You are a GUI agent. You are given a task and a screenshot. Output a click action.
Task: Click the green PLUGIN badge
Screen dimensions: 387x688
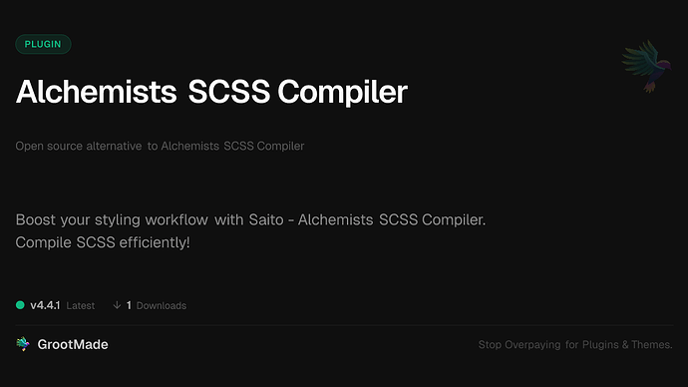click(x=43, y=44)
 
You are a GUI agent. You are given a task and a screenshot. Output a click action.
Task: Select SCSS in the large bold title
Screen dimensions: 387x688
click(x=227, y=92)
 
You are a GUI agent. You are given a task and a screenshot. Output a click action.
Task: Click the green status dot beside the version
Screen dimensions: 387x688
click(x=20, y=305)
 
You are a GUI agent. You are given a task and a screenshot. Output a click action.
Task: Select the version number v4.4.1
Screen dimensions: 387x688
click(x=46, y=305)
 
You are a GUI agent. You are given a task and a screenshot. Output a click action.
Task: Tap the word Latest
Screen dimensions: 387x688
click(x=81, y=305)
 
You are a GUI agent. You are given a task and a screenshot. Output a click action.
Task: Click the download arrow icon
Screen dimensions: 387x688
click(x=117, y=305)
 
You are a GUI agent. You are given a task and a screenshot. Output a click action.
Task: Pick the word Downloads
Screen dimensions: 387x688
click(x=162, y=305)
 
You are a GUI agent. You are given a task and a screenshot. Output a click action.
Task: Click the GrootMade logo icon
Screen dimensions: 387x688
click(x=23, y=344)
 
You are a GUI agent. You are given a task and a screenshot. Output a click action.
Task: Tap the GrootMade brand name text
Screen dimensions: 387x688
click(x=75, y=344)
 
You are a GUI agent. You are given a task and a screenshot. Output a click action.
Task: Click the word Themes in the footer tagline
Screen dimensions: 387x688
click(x=650, y=345)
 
